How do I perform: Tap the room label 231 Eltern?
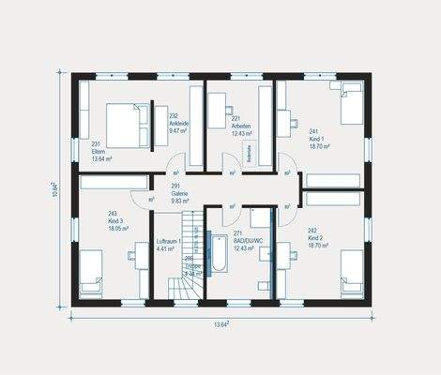[x=100, y=151]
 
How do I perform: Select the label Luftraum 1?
[x=170, y=245]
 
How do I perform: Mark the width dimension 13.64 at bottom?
[x=220, y=323]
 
